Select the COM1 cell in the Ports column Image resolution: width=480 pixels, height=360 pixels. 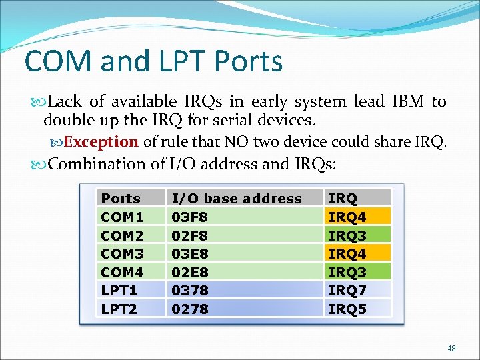(x=122, y=217)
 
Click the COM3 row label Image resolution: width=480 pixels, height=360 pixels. (x=122, y=253)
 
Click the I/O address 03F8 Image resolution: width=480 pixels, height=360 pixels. (x=190, y=217)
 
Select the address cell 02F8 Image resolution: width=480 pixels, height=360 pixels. (x=190, y=235)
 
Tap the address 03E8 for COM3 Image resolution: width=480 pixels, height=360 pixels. (x=190, y=253)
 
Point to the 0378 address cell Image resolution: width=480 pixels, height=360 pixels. (x=190, y=290)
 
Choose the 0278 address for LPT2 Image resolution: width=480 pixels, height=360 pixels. (x=190, y=309)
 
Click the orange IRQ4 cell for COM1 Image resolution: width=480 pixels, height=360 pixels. (x=347, y=217)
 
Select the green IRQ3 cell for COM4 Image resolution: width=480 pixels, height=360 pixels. (x=347, y=272)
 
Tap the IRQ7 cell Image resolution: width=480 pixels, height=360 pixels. (x=347, y=290)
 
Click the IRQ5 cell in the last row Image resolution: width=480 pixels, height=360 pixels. (x=347, y=309)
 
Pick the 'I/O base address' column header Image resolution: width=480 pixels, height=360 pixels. (x=237, y=199)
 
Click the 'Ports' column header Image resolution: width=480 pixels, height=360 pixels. (x=121, y=199)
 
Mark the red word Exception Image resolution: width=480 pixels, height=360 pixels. (x=101, y=142)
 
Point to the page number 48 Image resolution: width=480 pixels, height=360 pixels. (x=451, y=348)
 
